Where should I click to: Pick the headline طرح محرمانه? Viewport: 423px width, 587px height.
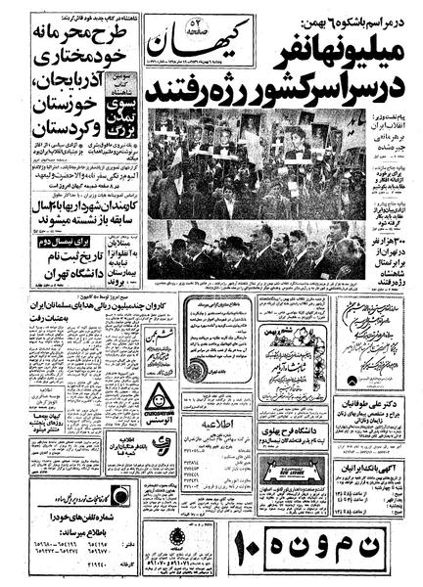72,35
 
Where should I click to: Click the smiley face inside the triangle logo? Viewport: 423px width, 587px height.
159,396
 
